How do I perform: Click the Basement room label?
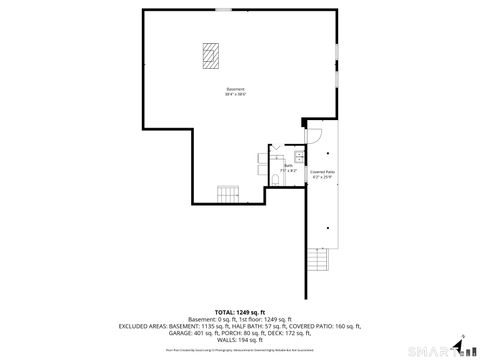(x=235, y=88)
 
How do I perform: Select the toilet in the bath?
(x=274, y=180)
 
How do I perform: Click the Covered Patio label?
(x=322, y=172)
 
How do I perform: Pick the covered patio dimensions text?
(x=322, y=178)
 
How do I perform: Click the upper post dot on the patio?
(x=328, y=153)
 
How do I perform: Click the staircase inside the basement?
(x=230, y=193)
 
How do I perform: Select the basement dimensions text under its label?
(x=235, y=94)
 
